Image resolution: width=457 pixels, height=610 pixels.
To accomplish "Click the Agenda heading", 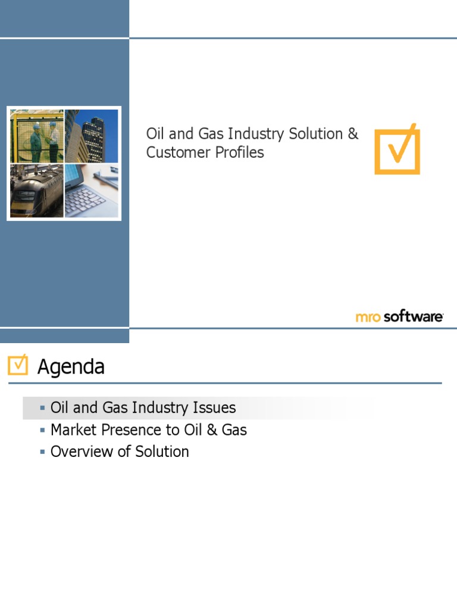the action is point(71,366).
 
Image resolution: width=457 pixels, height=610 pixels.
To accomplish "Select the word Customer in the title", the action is point(179,152).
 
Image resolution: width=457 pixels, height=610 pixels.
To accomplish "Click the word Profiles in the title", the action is point(239,152).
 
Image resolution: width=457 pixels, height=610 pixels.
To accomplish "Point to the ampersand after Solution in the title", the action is point(353,133).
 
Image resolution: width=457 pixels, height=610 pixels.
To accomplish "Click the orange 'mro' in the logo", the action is point(368,317).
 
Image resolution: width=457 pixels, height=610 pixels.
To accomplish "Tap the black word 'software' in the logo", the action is point(413,316).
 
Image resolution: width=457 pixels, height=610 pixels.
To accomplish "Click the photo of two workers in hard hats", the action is point(37,136).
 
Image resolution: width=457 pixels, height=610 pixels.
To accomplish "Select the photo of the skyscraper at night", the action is point(91,136).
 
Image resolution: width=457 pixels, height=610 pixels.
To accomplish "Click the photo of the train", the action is point(37,191).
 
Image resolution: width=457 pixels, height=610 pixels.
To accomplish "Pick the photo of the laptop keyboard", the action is point(91,191).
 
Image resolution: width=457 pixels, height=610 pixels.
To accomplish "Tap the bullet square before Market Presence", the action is point(42,430).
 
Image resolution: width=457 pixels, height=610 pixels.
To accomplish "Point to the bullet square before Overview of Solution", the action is point(42,452).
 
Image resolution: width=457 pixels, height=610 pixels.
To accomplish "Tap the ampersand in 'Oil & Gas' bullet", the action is point(212,430).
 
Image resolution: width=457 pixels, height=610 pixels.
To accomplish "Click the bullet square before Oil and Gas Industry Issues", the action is point(42,407).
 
